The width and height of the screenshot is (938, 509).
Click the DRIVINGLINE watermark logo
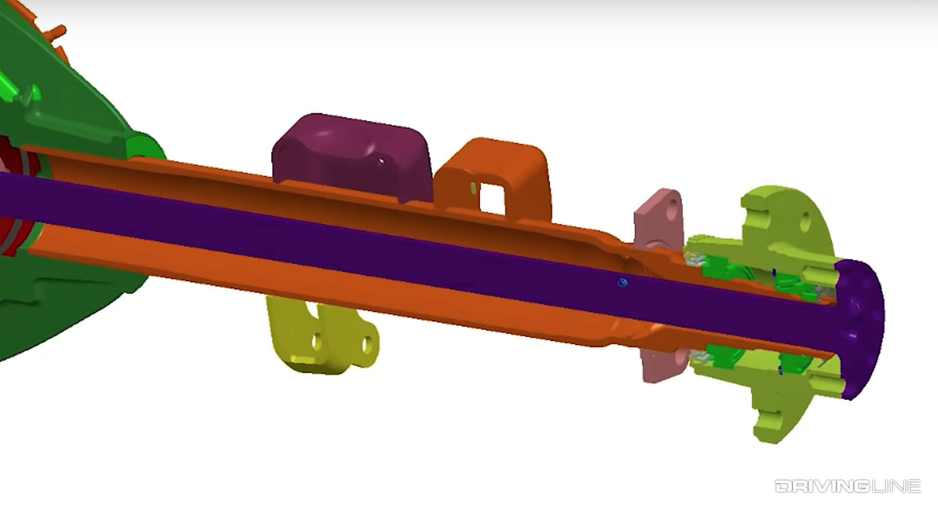847,486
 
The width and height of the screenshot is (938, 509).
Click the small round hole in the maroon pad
380,159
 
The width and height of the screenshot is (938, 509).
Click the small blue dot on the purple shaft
622,282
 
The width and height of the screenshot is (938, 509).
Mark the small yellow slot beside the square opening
473,187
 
